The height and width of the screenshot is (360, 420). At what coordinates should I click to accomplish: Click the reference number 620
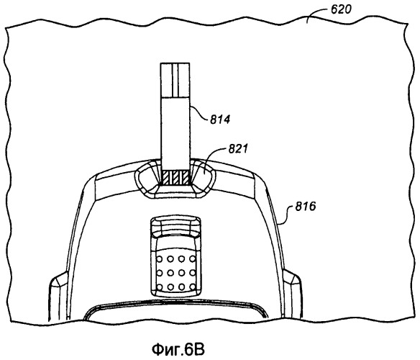[341, 9]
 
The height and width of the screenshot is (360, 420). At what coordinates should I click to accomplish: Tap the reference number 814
[219, 119]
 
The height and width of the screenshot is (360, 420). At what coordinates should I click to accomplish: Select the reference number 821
[238, 148]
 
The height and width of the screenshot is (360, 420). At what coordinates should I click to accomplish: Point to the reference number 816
[306, 207]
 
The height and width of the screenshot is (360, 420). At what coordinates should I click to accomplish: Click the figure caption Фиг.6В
[178, 349]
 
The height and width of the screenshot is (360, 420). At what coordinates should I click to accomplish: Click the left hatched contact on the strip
[166, 178]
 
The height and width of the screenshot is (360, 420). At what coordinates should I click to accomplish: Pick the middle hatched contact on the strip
[175, 178]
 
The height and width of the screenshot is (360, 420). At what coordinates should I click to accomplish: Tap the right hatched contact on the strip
[185, 178]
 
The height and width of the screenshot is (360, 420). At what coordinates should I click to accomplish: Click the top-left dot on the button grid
[160, 259]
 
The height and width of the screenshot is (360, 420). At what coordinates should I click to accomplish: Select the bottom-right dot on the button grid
[193, 287]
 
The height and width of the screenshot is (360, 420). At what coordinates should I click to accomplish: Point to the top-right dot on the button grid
[193, 259]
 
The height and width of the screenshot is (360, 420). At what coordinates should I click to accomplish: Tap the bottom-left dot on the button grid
[160, 287]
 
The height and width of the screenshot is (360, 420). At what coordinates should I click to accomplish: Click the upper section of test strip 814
[175, 80]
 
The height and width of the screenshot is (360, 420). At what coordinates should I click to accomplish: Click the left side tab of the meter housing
[58, 295]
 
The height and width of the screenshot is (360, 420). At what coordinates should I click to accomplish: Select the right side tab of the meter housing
[293, 292]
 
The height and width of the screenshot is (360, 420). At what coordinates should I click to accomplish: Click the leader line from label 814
[199, 113]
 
